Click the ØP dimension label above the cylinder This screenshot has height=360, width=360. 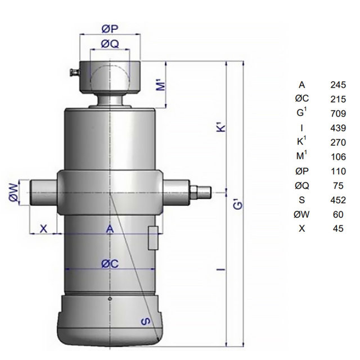tap(110, 29)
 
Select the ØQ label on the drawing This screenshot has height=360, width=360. tap(110, 44)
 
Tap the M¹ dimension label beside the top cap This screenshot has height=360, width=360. tap(161, 85)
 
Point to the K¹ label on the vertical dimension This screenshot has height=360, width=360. tap(221, 128)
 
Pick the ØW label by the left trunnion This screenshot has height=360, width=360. tap(13, 192)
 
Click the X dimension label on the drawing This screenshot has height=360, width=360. tap(43, 229)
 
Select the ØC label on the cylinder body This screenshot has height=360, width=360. tap(110, 264)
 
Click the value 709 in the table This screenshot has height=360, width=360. tap(338, 114)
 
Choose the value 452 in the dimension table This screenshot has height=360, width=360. tap(338, 200)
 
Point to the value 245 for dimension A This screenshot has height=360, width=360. tap(338, 85)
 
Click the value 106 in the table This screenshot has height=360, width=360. tap(338, 157)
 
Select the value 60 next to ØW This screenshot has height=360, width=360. tap(338, 215)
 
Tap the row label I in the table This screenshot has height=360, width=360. tap(301, 128)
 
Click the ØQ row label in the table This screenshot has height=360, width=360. tap(301, 186)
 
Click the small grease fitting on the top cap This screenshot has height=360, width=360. tap(75, 72)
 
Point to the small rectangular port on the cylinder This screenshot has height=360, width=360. tap(153, 238)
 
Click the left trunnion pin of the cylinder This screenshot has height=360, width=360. tap(43, 192)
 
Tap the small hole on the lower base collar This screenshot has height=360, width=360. tap(110, 299)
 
